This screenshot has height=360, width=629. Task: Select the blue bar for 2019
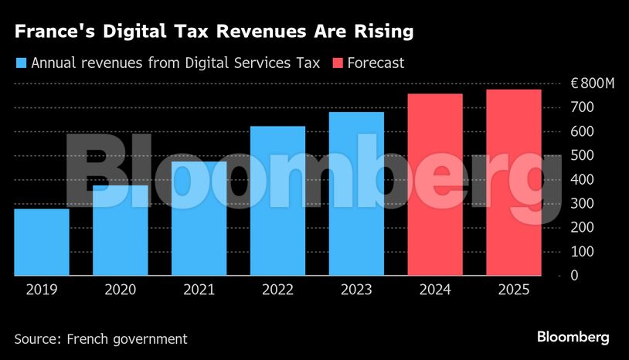point(42,242)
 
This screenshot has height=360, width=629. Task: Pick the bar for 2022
point(277,201)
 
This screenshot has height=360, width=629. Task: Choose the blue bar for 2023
point(356,194)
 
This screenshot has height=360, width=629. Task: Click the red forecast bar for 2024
point(435,185)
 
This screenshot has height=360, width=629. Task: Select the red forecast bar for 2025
point(513,182)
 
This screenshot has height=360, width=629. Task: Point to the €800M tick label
point(593,83)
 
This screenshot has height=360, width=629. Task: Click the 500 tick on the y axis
point(582,155)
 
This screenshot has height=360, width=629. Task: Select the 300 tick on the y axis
point(582,203)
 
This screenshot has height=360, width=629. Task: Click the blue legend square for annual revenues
point(21,63)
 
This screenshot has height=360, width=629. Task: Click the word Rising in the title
point(379,32)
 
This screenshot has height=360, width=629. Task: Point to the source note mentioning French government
point(100,338)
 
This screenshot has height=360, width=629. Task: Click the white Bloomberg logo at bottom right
point(573,337)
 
